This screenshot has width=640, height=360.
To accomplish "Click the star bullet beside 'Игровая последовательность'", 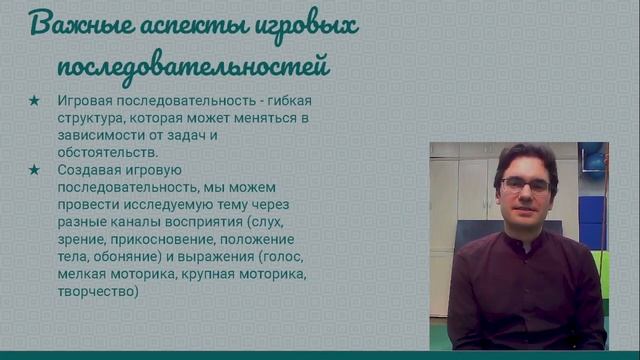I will coord(35,101).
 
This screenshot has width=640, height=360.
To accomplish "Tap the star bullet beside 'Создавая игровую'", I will coord(35,170).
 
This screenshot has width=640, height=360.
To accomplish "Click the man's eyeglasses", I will coord(525,185).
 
